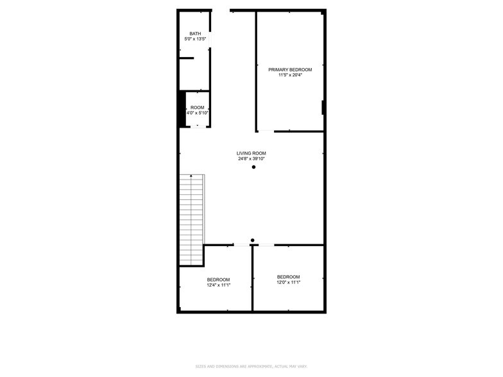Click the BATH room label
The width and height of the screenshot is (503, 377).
[195, 33]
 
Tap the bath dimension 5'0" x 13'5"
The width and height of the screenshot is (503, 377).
[195, 39]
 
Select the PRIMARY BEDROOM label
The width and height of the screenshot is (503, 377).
[290, 69]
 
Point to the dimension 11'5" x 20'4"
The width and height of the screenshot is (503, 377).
[290, 75]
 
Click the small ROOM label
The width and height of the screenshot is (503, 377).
[197, 107]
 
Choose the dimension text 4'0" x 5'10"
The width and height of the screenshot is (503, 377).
[197, 113]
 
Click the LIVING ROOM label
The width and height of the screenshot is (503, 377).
[251, 153]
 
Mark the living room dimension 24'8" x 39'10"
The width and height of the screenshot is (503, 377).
[251, 159]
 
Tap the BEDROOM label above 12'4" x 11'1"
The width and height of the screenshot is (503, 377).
[218, 280]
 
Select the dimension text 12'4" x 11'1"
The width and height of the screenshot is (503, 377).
[218, 285]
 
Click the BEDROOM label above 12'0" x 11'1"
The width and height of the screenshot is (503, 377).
[289, 276]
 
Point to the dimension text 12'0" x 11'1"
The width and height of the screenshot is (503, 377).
[289, 282]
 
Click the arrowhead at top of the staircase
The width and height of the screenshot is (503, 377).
[191, 176]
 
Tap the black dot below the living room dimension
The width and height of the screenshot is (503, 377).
[253, 167]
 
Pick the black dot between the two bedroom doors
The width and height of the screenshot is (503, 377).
[252, 240]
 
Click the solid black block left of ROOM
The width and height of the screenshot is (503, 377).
[182, 110]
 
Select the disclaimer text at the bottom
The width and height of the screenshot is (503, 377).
[251, 366]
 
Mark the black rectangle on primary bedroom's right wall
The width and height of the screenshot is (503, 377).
[323, 108]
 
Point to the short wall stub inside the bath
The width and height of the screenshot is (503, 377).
[186, 58]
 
